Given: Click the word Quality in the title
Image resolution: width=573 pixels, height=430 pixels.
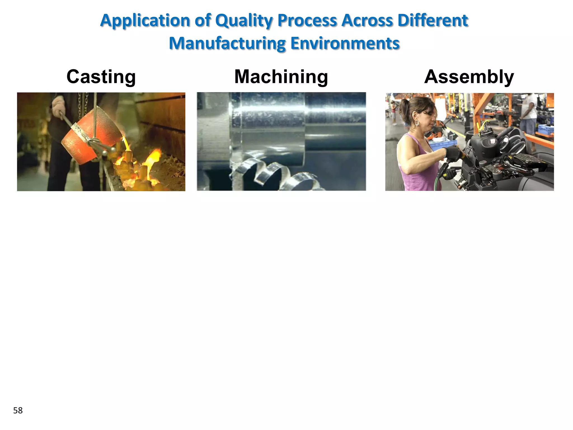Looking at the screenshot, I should click(x=243, y=21).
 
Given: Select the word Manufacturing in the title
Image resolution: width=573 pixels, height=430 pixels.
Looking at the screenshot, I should click(x=227, y=43).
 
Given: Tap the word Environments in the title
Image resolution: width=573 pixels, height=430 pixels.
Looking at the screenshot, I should click(x=345, y=43).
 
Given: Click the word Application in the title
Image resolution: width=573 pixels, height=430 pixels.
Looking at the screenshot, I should click(x=145, y=21).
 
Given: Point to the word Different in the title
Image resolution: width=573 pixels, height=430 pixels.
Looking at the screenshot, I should click(x=433, y=21).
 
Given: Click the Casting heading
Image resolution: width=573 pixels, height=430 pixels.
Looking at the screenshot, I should click(x=101, y=77).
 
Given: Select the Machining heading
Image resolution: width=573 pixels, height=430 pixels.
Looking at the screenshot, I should click(x=281, y=77).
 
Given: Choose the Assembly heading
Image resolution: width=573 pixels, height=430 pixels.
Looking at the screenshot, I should click(x=469, y=77).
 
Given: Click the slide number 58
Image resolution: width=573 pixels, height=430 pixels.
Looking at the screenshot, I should click(x=18, y=410).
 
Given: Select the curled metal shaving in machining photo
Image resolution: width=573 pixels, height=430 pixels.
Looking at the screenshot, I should click(x=269, y=171).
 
